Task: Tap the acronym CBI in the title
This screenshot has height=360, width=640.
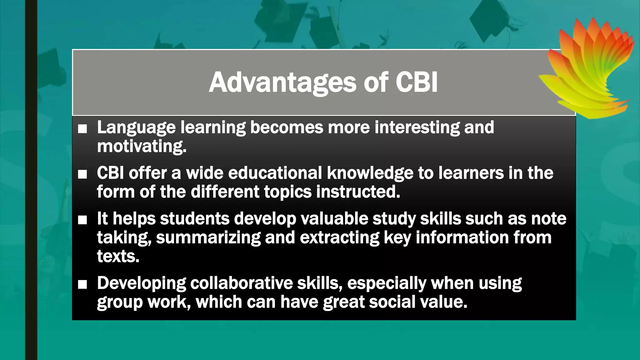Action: (x=417, y=82)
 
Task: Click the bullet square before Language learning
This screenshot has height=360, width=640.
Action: (x=82, y=129)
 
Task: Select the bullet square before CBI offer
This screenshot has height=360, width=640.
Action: (x=82, y=174)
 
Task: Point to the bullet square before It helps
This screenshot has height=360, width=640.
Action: (x=82, y=220)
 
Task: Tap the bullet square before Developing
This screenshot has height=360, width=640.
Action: (x=82, y=284)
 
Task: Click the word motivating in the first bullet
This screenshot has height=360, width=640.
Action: (x=142, y=146)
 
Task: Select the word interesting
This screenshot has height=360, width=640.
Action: (x=417, y=127)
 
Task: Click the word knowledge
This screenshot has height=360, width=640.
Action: (x=370, y=173)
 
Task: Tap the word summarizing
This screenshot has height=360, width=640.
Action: (x=208, y=238)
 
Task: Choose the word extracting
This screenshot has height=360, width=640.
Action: (x=339, y=238)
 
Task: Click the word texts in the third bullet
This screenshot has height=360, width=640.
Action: (x=118, y=256)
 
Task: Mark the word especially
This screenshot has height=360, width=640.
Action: (x=387, y=284)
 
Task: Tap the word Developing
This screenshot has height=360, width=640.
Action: (x=142, y=284)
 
